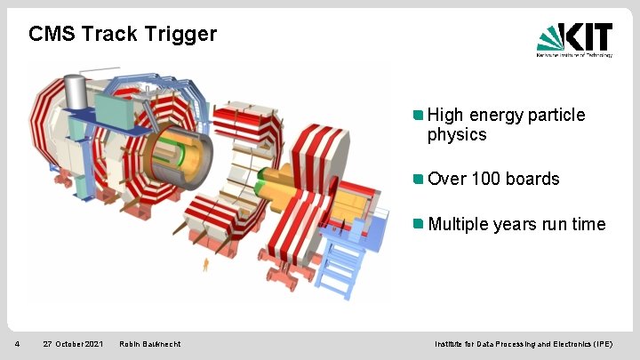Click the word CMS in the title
coord(49,35)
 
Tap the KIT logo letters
coord(588,37)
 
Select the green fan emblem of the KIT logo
coord(550,37)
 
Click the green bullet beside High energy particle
coord(419,116)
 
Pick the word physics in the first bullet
coord(457,135)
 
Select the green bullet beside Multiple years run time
coord(419,224)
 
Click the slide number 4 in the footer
coord(17,344)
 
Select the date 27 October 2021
coord(73,344)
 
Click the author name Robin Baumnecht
coord(149,344)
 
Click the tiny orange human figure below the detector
coord(206,264)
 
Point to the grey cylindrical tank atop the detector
coord(77,89)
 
